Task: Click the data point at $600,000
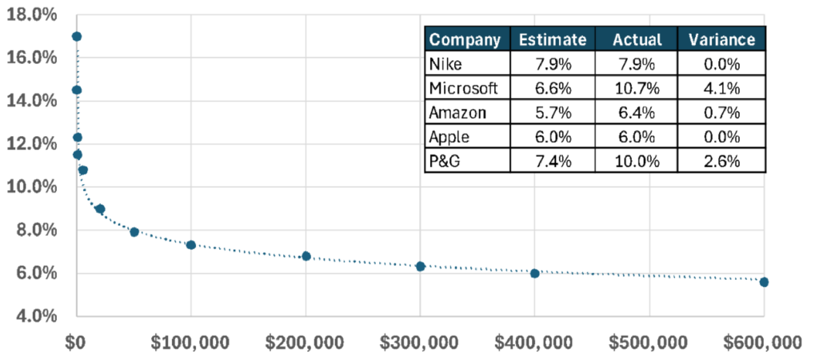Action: (x=764, y=282)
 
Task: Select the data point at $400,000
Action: (x=535, y=273)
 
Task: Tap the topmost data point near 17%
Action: (x=77, y=37)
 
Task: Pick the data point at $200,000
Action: (x=306, y=256)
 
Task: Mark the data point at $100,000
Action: (x=191, y=245)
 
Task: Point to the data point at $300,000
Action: (x=421, y=266)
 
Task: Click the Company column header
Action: (x=465, y=39)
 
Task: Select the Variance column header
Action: (x=721, y=39)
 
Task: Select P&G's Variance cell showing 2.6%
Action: (x=721, y=160)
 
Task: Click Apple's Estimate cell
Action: (x=551, y=136)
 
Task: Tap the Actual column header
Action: (x=635, y=39)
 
